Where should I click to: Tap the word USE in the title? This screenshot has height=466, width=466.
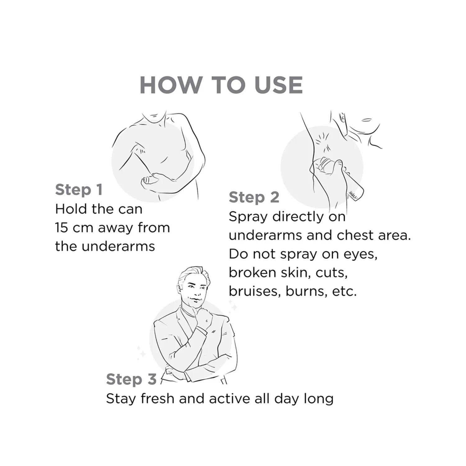(278, 84)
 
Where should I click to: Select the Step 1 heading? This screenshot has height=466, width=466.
(79, 190)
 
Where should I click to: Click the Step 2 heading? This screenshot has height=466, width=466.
(254, 198)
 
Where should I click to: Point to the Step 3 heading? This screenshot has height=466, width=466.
(131, 380)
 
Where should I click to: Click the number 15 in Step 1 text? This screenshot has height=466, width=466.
(62, 228)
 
